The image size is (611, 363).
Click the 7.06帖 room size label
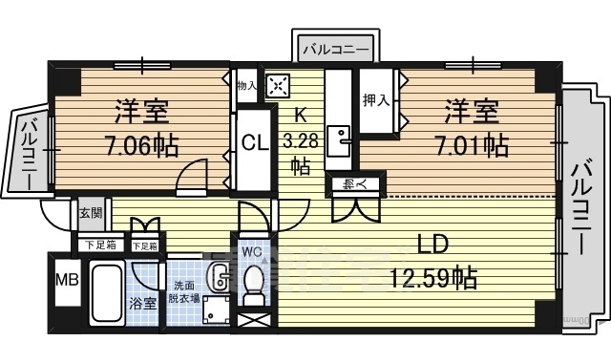142,145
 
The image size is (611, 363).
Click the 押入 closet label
374,98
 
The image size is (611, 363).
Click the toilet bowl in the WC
253,285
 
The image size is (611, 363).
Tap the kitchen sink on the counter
339,143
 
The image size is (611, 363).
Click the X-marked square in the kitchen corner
278,86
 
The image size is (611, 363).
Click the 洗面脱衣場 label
183,291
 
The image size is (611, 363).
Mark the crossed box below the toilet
253,320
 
